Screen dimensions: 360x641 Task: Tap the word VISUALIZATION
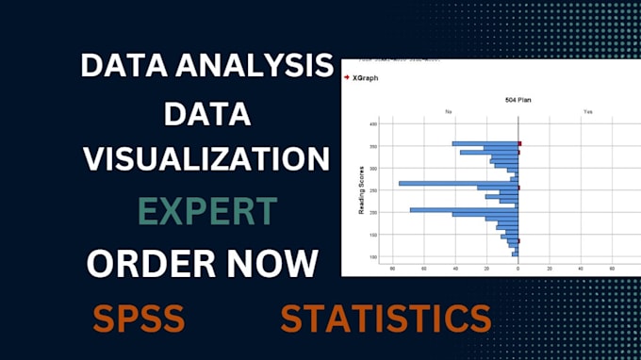(207, 159)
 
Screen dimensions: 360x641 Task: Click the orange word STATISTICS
(386, 318)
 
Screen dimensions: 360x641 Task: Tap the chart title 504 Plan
(518, 98)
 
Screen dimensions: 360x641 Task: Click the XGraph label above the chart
(367, 77)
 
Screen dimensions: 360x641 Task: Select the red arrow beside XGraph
(348, 77)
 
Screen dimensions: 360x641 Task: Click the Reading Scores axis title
(361, 189)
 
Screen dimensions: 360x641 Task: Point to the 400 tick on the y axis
(373, 123)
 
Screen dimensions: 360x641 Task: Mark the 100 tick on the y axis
(373, 256)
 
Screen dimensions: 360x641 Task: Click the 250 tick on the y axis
(373, 190)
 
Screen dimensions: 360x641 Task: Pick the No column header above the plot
(449, 111)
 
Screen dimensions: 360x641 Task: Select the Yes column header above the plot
(587, 111)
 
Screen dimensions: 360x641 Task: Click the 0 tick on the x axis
(518, 269)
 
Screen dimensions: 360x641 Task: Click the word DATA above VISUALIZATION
(207, 115)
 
